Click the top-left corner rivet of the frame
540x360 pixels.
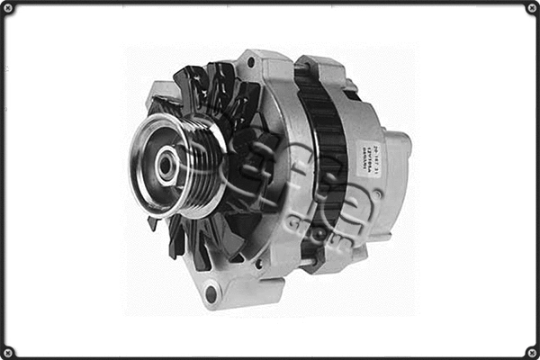tap(8, 8)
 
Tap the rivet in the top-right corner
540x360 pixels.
tap(532, 8)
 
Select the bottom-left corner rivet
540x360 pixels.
tap(8, 352)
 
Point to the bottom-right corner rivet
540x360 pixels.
tap(532, 352)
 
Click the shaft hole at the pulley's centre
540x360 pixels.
tap(167, 165)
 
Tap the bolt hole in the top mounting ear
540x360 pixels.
tap(250, 63)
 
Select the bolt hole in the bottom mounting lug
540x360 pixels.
tap(211, 292)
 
